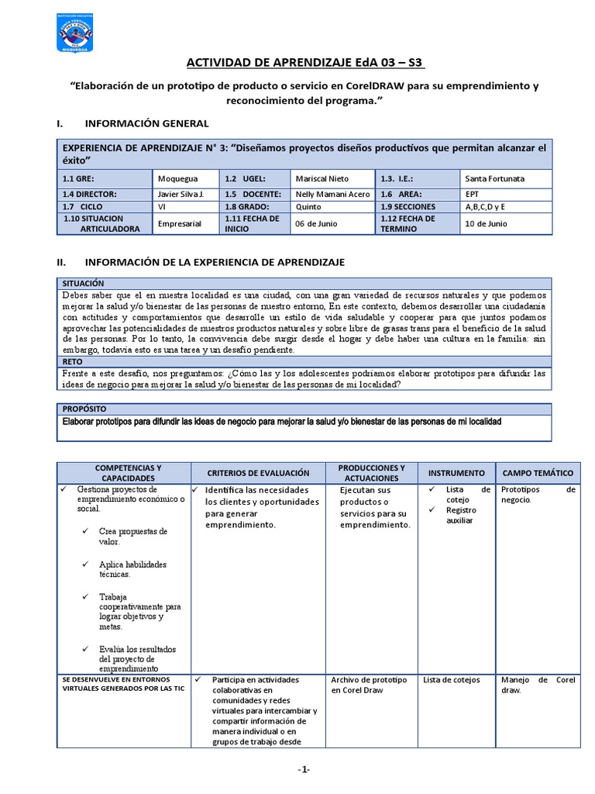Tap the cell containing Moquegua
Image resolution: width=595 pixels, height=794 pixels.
click(x=177, y=178)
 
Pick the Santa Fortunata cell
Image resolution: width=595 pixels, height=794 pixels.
click(x=494, y=178)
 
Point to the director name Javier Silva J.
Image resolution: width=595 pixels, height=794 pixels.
click(x=180, y=194)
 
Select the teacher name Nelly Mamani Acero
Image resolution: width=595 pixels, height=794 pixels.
click(x=333, y=194)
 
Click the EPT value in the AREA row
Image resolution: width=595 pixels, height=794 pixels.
click(x=473, y=194)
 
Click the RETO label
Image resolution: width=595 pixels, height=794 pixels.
click(x=74, y=361)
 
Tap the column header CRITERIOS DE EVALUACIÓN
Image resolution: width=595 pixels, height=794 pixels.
click(x=258, y=473)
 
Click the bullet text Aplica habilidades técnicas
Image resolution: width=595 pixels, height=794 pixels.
click(x=132, y=569)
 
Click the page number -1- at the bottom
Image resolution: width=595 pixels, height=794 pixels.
click(x=304, y=769)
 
